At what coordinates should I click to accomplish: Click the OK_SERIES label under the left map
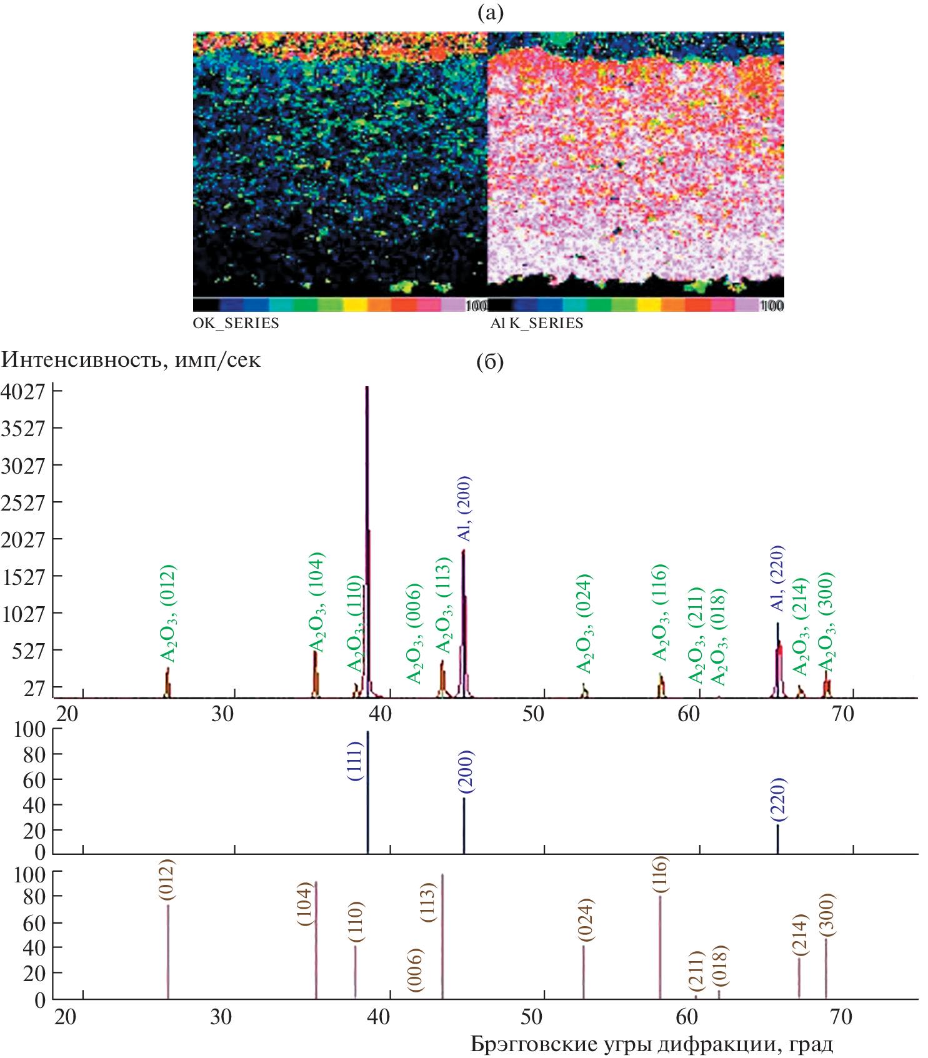(236, 323)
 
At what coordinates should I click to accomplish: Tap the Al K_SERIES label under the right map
(536, 323)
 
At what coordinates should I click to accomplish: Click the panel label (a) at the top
(490, 12)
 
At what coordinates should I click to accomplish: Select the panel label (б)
(490, 362)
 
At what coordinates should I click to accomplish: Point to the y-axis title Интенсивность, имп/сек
(131, 360)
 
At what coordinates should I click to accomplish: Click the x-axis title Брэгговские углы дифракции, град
(651, 1044)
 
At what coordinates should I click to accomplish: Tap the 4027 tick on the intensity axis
(24, 392)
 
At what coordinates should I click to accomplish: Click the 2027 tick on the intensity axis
(24, 539)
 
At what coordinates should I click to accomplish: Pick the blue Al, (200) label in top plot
(464, 508)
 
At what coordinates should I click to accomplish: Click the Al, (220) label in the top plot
(777, 578)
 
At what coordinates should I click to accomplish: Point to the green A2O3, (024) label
(584, 623)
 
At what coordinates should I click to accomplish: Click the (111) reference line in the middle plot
(367, 794)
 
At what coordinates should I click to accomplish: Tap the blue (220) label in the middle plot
(778, 799)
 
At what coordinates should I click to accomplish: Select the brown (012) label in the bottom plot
(167, 880)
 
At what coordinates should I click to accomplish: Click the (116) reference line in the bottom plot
(660, 947)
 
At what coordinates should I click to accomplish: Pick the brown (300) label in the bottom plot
(826, 915)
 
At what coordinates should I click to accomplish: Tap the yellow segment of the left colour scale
(355, 305)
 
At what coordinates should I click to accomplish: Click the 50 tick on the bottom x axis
(532, 1017)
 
